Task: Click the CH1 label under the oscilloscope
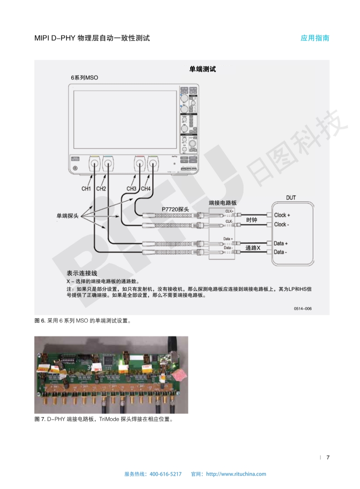(x=87, y=188)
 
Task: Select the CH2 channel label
(x=101, y=188)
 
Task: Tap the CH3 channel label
(x=131, y=188)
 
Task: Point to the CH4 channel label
(x=146, y=188)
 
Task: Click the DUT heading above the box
(x=291, y=198)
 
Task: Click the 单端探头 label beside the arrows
(x=67, y=216)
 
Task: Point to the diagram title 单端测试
(x=202, y=69)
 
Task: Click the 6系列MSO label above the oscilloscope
(x=84, y=78)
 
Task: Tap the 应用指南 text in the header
(x=315, y=38)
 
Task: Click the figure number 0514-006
(x=302, y=309)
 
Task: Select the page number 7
(x=328, y=457)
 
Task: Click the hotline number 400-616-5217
(x=165, y=474)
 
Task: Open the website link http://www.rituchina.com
(x=236, y=474)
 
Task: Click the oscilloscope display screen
(x=123, y=119)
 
